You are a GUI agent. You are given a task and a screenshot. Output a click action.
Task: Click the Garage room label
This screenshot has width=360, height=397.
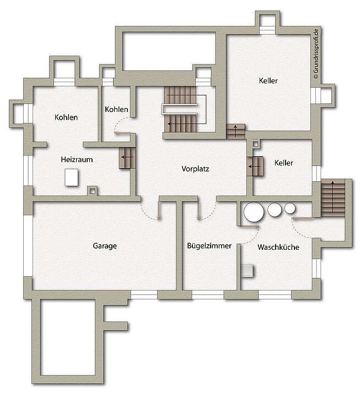pos(105,246)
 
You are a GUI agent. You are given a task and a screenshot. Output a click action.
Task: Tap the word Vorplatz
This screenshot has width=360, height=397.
pos(195,169)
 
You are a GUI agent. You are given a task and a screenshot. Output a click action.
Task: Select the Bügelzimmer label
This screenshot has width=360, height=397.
pos(209,246)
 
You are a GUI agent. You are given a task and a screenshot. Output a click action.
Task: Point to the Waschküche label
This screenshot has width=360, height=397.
pos(278,247)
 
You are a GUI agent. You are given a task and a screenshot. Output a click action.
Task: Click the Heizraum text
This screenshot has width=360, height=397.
pos(77,159)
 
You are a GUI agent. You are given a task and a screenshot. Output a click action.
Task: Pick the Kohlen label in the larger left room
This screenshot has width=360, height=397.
pos(66,117)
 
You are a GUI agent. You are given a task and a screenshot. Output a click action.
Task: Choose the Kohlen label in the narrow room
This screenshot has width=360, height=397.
pos(116,109)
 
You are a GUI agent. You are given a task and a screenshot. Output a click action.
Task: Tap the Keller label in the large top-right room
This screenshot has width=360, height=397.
pos(268,81)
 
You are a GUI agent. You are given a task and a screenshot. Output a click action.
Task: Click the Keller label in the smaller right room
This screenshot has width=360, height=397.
pos(284,163)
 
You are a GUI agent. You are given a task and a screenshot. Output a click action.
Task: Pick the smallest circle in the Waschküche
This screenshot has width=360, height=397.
pos(290,208)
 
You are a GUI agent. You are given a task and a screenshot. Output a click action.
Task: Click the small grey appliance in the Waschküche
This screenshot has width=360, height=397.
pos(248,270)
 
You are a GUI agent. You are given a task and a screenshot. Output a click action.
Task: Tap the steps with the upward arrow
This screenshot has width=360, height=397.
pos(236,131)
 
